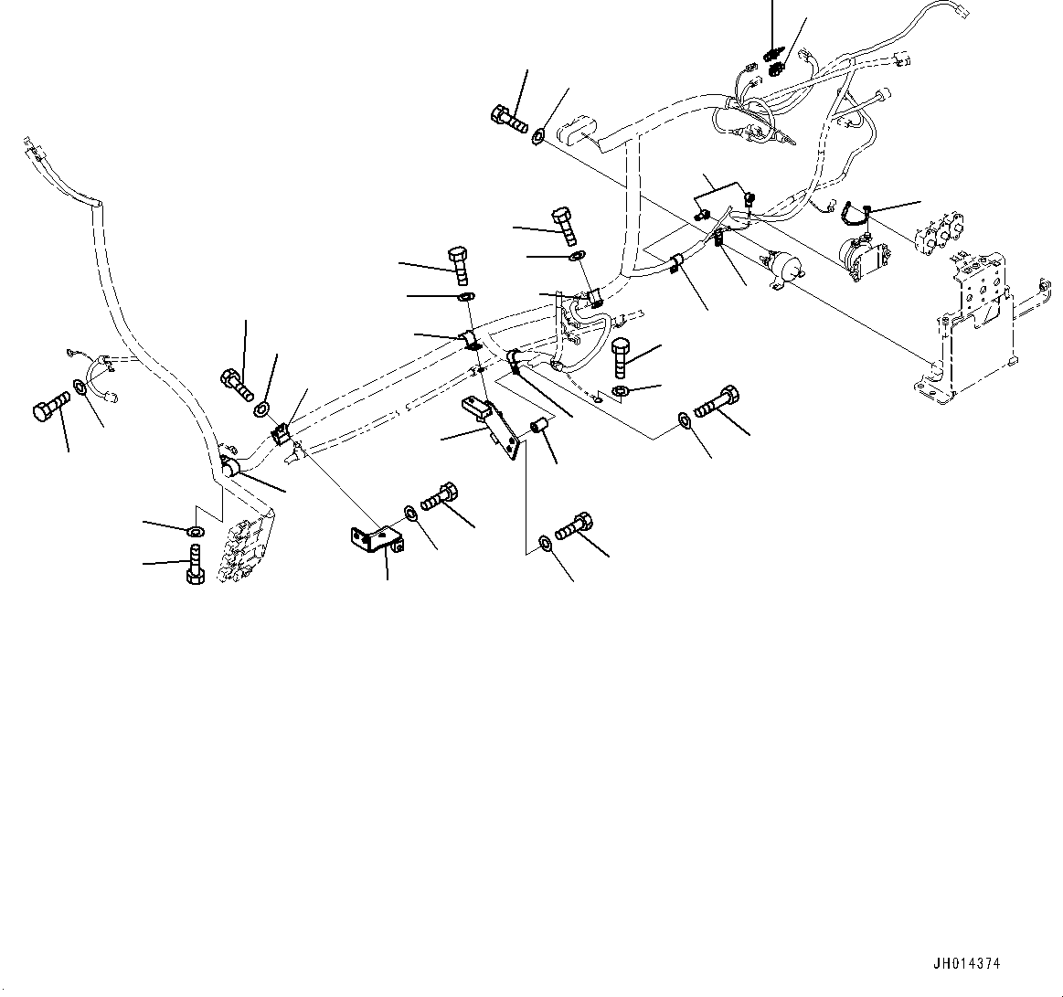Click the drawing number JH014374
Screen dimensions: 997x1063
tap(967, 963)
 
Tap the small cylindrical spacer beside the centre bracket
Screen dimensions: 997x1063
tap(540, 427)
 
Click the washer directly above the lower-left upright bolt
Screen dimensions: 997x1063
tap(194, 531)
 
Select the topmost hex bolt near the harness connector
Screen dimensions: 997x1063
tap(508, 119)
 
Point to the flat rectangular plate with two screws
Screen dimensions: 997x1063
tap(722, 203)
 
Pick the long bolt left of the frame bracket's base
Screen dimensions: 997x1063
tap(718, 403)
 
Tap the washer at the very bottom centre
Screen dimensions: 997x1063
tap(545, 543)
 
